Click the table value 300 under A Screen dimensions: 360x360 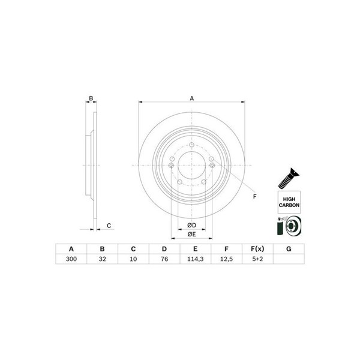(71, 259)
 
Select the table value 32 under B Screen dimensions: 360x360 (102, 259)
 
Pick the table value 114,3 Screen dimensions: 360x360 (196, 259)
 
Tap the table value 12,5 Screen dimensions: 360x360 (226, 259)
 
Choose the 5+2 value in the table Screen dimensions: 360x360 (257, 259)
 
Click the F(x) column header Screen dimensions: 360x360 (257, 249)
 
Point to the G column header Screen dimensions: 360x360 (289, 249)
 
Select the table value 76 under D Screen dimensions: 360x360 (164, 259)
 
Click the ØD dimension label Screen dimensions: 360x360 (192, 225)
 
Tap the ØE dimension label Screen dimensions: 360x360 (192, 234)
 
